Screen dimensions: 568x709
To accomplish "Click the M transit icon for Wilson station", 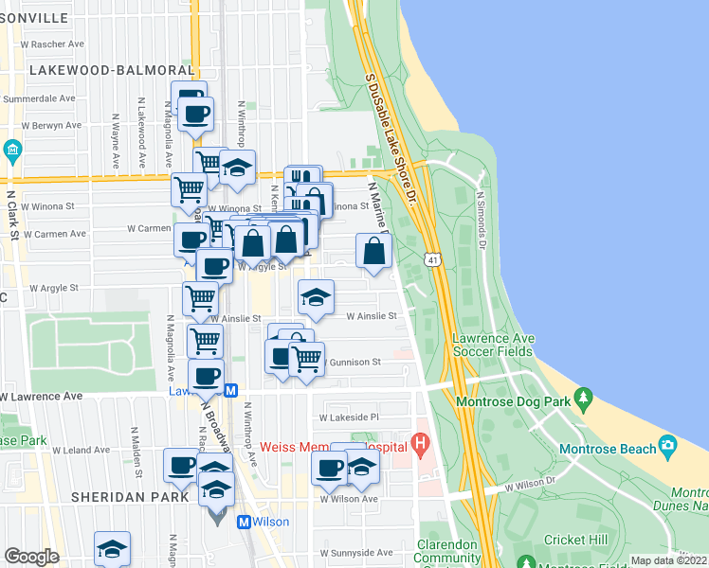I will coord(244,522).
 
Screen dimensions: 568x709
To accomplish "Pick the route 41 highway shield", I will coord(433,258).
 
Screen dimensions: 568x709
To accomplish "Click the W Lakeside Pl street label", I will coord(349,417).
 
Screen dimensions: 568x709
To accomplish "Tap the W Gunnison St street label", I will coord(353,362).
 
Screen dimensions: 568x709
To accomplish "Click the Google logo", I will coord(32,556).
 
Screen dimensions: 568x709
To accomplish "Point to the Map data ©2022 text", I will coord(668,560).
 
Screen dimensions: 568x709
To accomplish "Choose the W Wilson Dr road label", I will coord(531,485).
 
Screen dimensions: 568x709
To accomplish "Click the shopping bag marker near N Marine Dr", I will coord(374,251).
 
